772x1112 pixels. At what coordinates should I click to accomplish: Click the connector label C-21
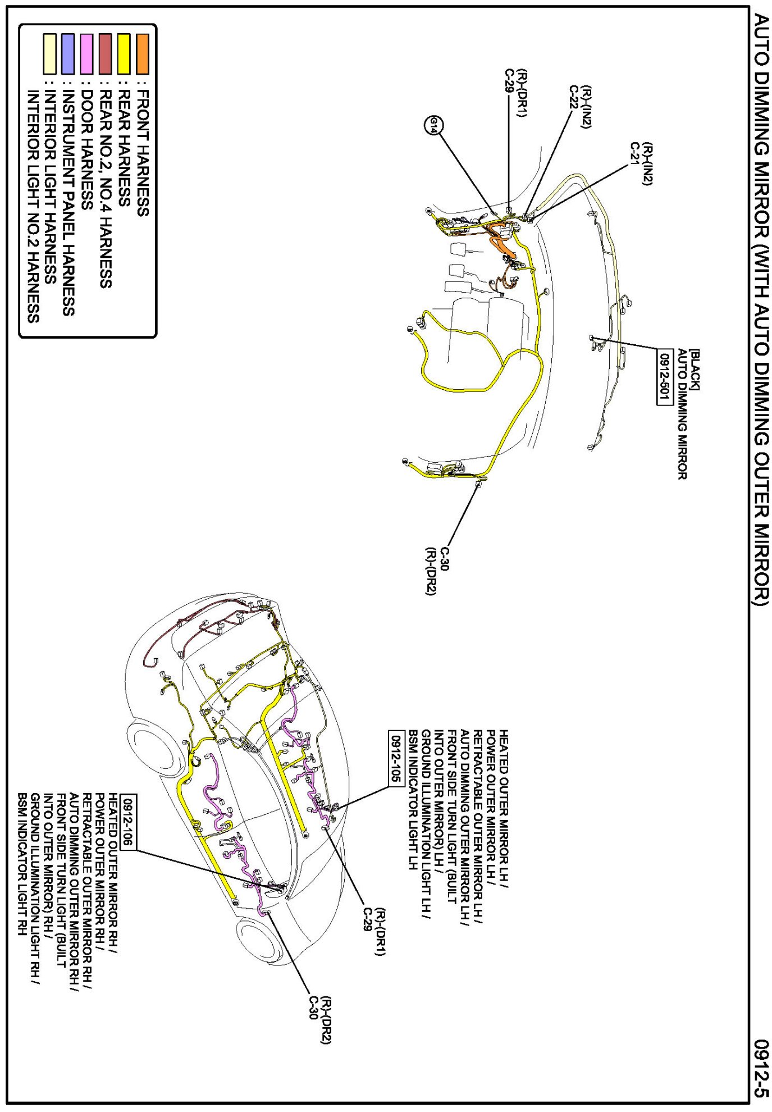tap(634, 153)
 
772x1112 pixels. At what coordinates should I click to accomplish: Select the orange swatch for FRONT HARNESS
tap(143, 54)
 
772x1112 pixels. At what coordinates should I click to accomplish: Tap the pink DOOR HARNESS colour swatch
tap(86, 54)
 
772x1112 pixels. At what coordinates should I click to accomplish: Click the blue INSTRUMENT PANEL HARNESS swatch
tap(68, 54)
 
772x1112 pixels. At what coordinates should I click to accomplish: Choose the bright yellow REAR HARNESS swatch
tap(124, 54)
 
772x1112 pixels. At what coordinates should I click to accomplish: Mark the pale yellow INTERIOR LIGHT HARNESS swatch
tap(49, 54)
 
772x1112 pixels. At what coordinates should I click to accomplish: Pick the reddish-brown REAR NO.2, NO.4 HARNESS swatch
tap(105, 54)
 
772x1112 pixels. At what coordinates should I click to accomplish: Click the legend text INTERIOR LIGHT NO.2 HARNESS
tap(33, 206)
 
